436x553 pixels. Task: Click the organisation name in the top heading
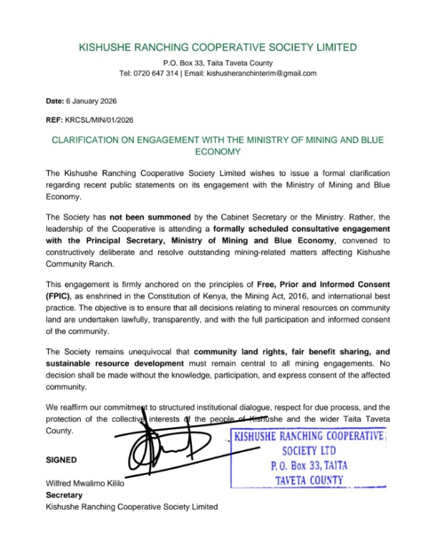[218, 47]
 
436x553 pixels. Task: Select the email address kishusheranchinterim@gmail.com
[262, 73]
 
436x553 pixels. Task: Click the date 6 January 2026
[90, 102]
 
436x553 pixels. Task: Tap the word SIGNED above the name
[61, 460]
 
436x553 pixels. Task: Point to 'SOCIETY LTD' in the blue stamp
[309, 451]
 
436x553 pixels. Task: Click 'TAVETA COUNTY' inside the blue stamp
[309, 480]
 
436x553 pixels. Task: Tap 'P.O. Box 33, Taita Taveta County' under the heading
[218, 62]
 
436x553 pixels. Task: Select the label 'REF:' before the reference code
[54, 121]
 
